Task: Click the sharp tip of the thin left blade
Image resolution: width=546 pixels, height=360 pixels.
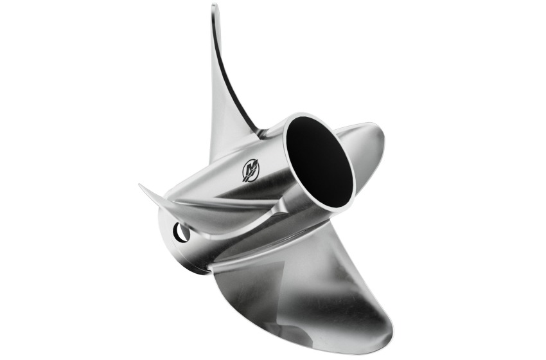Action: tap(141, 186)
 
